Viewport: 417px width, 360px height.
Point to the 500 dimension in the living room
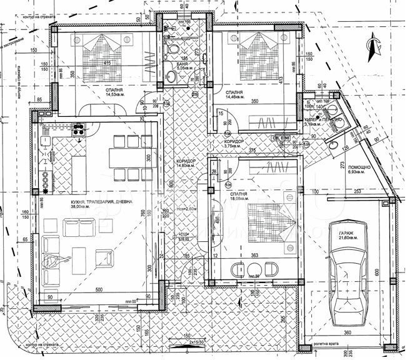point(99,289)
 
